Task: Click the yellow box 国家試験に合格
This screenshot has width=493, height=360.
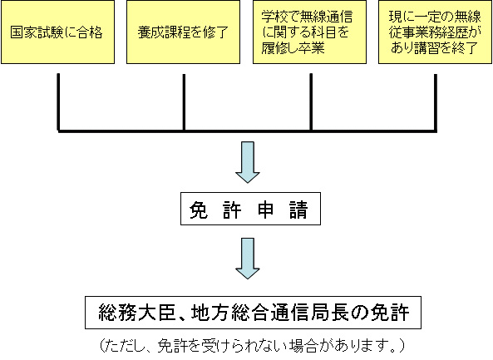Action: coord(58,32)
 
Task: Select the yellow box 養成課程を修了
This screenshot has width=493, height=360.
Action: coord(183,32)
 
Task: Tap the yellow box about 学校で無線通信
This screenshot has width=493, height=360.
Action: coord(310,32)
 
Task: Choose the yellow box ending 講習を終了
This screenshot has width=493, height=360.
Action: coord(435,32)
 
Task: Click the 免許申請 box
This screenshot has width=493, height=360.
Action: coord(250,209)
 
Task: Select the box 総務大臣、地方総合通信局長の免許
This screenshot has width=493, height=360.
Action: coord(253,313)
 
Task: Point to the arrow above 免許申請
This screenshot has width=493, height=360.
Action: coord(248,162)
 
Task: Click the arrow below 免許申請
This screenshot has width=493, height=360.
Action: coord(248,259)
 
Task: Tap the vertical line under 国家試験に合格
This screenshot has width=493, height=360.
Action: coord(58,102)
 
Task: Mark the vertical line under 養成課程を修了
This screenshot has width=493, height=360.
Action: coord(184,102)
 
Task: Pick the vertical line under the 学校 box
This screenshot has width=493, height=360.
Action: coord(311,102)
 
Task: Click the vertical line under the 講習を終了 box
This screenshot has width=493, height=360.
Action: coord(436,102)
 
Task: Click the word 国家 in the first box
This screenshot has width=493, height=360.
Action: coord(24,32)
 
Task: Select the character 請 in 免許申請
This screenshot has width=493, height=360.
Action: coord(298,210)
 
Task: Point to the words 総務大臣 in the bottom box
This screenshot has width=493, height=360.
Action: coord(136,313)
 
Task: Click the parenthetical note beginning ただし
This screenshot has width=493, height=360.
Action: coord(252,346)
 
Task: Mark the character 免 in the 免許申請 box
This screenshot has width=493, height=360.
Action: coord(199,210)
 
